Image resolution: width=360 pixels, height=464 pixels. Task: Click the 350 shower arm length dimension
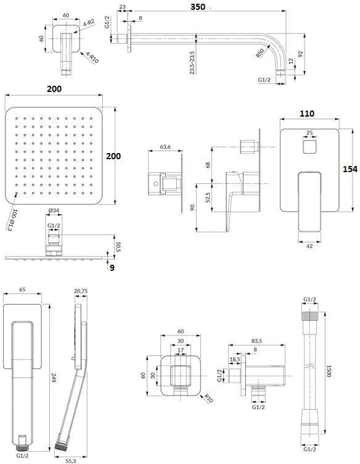coord(198,7)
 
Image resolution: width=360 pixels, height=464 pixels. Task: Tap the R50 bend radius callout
coord(260,53)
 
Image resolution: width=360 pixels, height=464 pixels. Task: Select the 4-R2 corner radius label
coord(88,22)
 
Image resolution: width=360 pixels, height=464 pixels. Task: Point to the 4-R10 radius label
coord(92,57)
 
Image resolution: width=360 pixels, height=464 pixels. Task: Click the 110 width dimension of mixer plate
coord(307,114)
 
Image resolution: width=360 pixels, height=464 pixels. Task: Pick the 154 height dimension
coord(350,169)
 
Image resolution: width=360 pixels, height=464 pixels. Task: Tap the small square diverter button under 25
coord(309,146)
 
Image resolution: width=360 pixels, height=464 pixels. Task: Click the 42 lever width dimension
coord(309,246)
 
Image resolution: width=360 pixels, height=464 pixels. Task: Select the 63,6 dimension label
coord(165,146)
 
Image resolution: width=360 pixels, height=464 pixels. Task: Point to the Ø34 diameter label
coord(54,210)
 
